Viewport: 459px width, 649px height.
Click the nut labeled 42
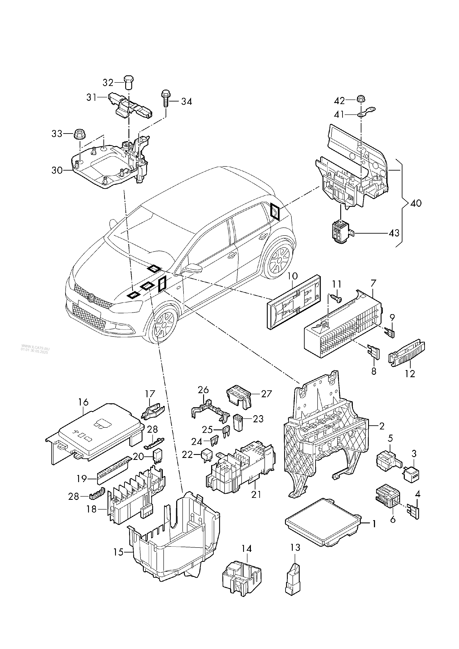tap(360, 100)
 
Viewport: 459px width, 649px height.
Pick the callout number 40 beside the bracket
tap(415, 203)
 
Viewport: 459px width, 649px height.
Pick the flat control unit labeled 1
tap(323, 522)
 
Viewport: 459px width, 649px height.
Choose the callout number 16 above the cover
tap(84, 402)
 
